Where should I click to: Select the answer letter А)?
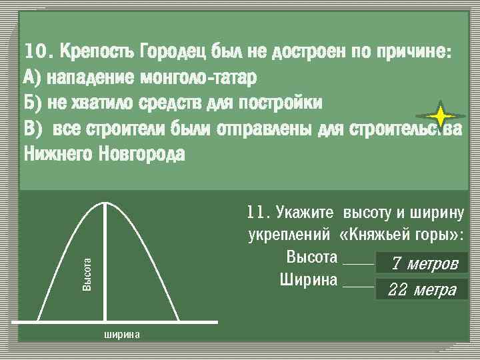32,77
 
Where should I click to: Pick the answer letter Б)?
32,103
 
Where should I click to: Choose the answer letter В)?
32,128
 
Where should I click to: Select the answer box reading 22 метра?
423,290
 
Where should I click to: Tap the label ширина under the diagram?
122,334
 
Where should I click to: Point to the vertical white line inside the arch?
105,263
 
